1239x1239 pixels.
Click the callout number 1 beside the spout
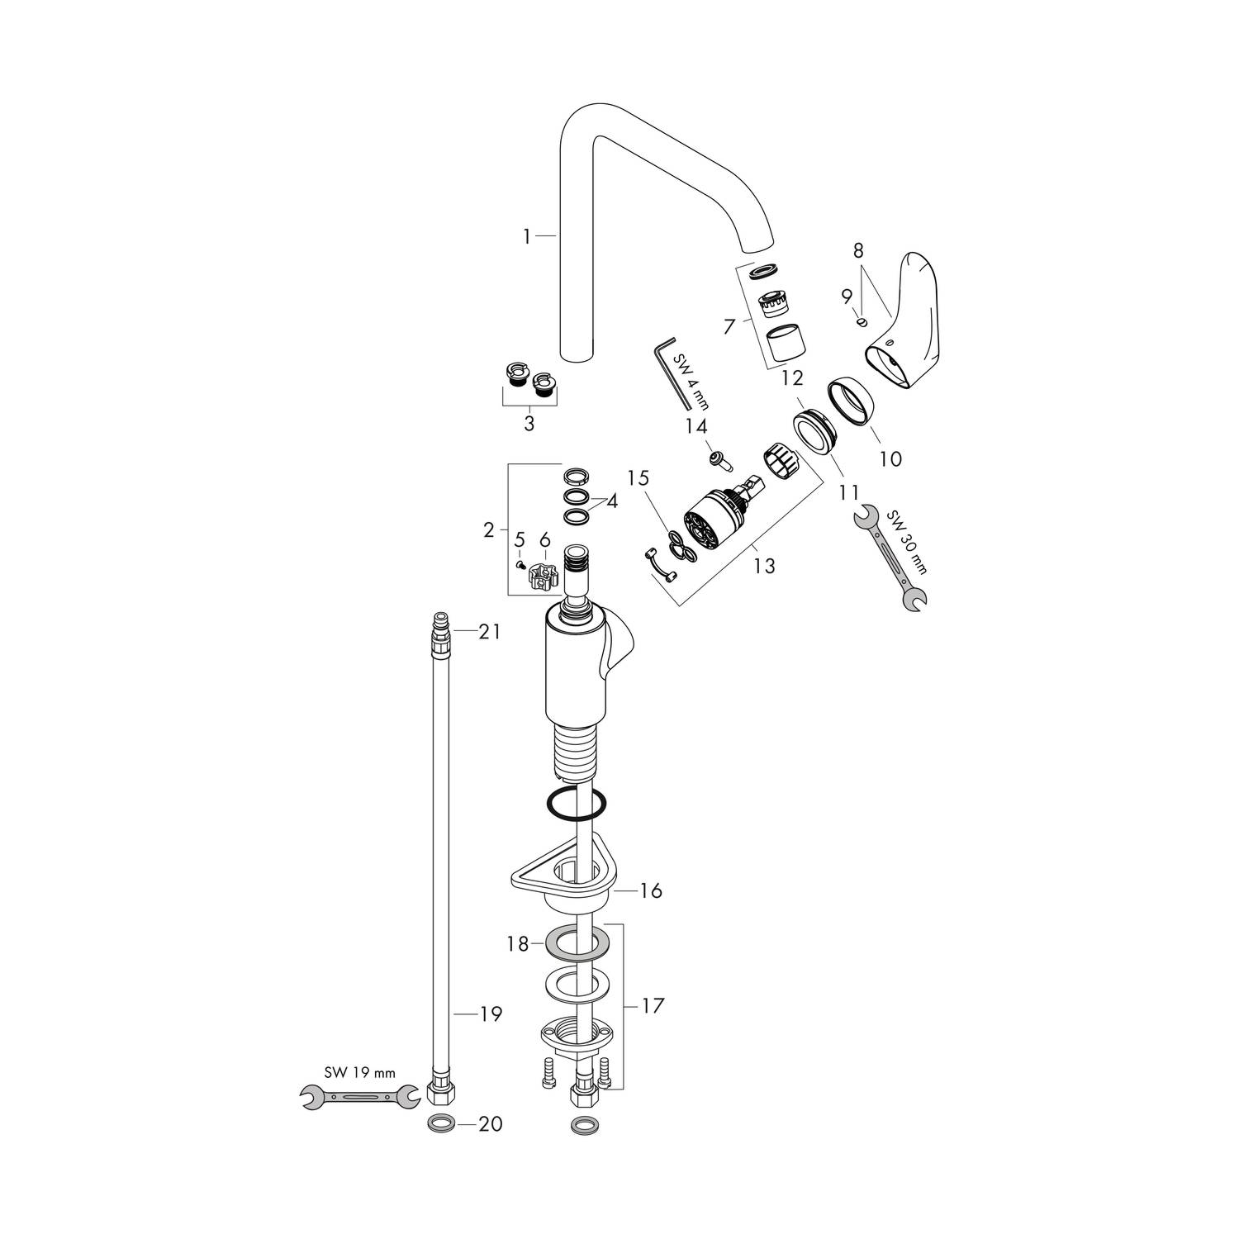[x=526, y=237]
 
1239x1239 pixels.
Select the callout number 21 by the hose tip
[x=490, y=632]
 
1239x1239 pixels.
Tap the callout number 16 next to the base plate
[x=651, y=891]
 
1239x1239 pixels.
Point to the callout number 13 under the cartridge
[x=765, y=567]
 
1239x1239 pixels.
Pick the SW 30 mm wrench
[x=890, y=558]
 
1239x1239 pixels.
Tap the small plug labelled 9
[x=862, y=321]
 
